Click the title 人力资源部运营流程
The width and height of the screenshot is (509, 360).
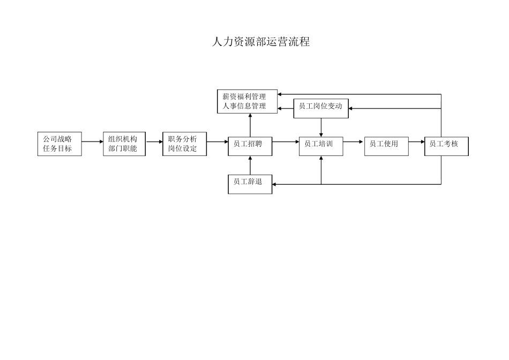(261, 42)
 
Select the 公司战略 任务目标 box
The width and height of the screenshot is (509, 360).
(59, 144)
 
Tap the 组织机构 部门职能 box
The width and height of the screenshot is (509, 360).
(124, 144)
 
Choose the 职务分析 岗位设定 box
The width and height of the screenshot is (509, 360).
(184, 144)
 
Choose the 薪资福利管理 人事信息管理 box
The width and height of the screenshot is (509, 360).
(247, 102)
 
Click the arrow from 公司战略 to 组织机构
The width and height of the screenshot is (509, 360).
(92, 142)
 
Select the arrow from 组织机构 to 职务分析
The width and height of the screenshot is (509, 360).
(154, 142)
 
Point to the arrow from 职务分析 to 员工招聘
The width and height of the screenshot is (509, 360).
(218, 142)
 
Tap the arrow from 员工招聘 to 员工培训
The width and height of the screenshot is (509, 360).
(286, 142)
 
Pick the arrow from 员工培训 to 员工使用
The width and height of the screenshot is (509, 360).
(354, 142)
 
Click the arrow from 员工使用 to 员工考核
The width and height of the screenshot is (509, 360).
(416, 142)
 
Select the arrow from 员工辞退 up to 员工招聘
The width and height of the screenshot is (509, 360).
(250, 166)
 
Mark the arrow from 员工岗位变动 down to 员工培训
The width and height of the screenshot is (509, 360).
(321, 127)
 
